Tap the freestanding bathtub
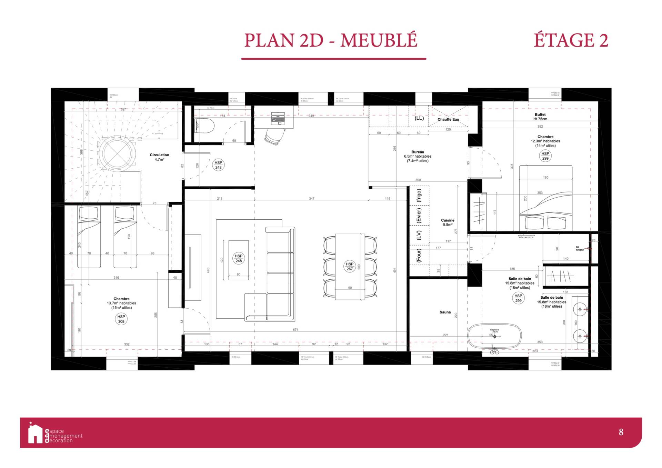point(494,336)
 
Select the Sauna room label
point(445,312)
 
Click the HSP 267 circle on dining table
point(350,266)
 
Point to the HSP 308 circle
point(121,319)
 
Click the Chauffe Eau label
point(448,119)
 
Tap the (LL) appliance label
point(419,118)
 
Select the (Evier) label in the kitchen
point(419,216)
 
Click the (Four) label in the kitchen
point(419,256)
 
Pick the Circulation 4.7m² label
point(159,157)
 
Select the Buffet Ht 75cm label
point(540,117)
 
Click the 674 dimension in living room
point(295,330)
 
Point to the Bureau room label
point(418,152)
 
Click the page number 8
point(621,432)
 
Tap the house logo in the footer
point(35,434)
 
